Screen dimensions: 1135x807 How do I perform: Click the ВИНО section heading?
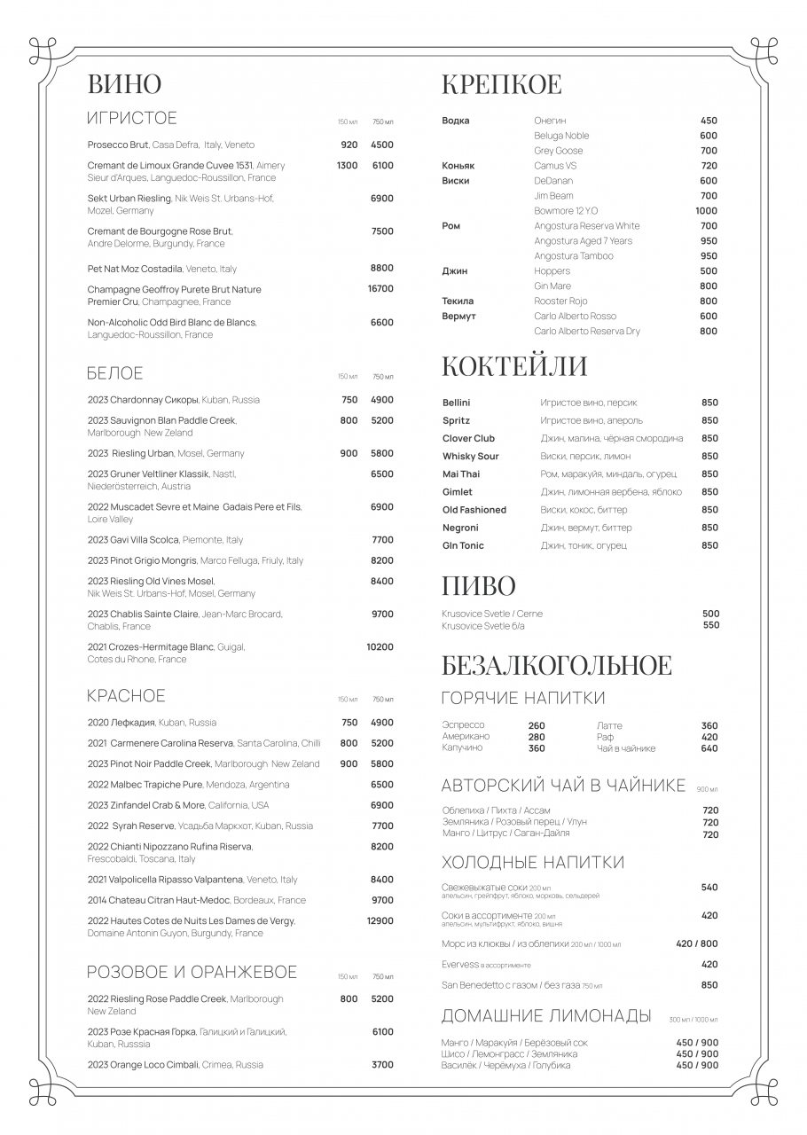(124, 84)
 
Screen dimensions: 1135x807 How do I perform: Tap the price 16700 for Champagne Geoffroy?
(380, 289)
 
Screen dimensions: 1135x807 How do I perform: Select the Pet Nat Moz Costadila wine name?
(135, 269)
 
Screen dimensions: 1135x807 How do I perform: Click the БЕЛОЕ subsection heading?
(115, 373)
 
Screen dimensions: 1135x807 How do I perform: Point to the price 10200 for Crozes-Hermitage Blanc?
(380, 647)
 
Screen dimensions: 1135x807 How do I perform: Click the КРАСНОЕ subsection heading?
(126, 696)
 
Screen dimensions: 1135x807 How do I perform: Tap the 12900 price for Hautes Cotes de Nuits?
(380, 921)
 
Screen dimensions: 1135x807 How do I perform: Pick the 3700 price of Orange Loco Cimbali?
(382, 1065)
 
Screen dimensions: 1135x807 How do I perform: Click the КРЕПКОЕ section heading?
(502, 85)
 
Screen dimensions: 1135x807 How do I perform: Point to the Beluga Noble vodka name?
(561, 136)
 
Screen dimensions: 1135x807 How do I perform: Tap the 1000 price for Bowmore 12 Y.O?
(706, 211)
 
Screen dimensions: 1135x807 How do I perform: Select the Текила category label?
(458, 301)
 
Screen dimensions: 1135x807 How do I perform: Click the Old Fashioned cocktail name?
(474, 510)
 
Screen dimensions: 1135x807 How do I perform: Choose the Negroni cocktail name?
(460, 528)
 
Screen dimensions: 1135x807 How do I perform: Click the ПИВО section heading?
(478, 587)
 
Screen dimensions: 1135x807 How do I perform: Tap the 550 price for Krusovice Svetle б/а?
(710, 625)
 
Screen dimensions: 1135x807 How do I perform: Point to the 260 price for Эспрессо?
(537, 726)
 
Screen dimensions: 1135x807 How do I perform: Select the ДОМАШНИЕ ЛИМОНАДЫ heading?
(546, 1017)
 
